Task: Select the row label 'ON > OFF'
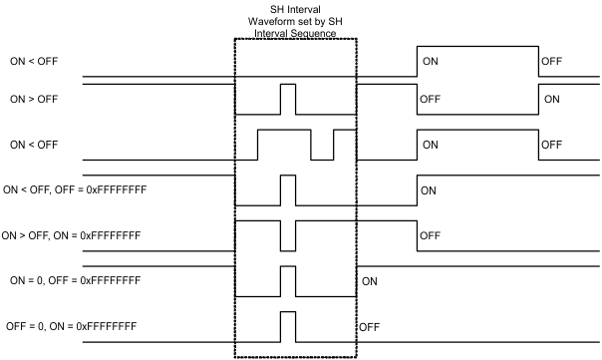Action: pos(35,100)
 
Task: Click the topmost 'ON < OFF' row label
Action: pos(35,61)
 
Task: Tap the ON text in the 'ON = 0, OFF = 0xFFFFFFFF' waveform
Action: pos(370,281)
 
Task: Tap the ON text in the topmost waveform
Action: pos(432,61)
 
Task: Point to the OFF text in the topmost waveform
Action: pos(552,61)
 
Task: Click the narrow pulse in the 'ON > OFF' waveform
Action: pos(288,100)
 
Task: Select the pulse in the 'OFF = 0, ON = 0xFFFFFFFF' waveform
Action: pos(288,327)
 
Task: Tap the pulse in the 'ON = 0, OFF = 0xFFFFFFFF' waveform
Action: pos(288,282)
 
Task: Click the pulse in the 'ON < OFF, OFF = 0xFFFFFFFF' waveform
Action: pos(288,189)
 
